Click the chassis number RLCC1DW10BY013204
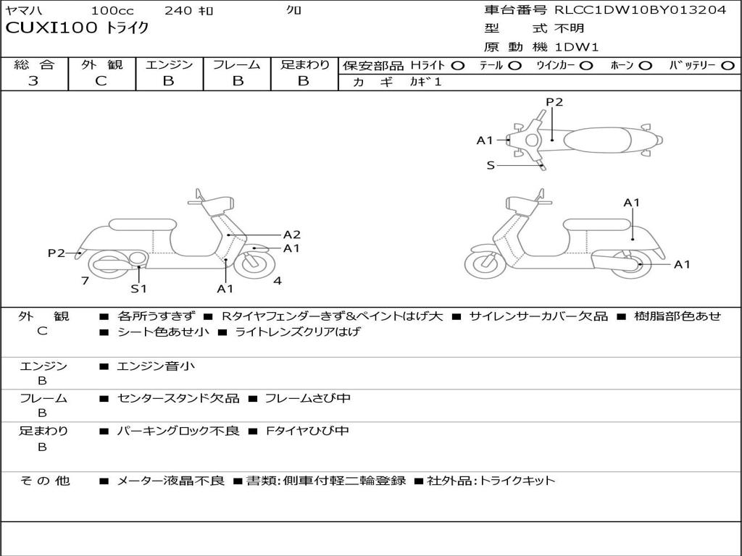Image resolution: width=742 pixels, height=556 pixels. coord(641,10)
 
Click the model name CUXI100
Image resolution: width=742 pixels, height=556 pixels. coord(51,28)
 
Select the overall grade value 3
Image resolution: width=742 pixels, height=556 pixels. coord(33,81)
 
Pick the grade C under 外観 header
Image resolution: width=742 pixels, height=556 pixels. coord(101,81)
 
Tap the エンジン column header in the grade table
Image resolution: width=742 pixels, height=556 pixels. coord(169,64)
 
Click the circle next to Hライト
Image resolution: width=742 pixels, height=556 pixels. coord(458,66)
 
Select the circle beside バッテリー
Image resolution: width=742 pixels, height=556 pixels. coord(728,66)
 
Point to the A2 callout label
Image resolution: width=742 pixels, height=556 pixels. coord(292,235)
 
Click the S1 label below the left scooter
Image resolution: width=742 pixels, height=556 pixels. coord(138,288)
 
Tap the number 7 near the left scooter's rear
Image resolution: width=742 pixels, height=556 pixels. coord(86,281)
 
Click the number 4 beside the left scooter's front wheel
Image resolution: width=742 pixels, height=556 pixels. coord(278,281)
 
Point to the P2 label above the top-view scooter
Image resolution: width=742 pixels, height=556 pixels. coord(554,102)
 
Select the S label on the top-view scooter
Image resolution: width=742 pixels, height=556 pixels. coord(491,166)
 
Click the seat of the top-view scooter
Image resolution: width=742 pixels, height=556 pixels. coord(597,140)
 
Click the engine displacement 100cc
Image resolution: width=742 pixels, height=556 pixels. coord(112,10)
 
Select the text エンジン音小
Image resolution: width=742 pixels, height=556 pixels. coord(156,366)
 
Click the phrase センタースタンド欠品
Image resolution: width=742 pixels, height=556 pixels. coord(178,398)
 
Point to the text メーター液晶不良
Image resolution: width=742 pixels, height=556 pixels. coord(170,481)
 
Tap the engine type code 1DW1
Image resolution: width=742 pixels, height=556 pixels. coord(577,47)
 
